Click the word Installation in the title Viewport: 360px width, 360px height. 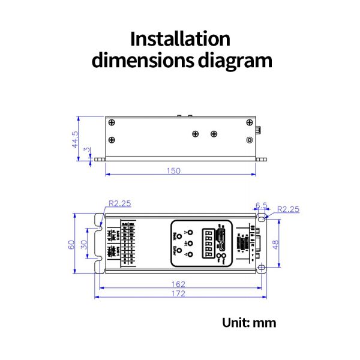(x=180, y=39)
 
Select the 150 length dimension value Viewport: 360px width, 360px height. (x=173, y=170)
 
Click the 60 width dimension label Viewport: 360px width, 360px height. (x=71, y=244)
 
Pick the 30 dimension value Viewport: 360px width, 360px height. (x=85, y=244)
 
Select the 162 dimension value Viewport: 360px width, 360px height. (x=177, y=283)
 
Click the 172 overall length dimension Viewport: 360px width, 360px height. (x=177, y=293)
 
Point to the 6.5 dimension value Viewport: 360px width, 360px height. (x=262, y=205)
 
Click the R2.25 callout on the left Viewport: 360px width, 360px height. (x=119, y=203)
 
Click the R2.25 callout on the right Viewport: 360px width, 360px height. (x=288, y=209)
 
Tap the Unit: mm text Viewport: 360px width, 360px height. (x=249, y=323)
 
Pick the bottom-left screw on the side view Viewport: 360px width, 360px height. (x=111, y=140)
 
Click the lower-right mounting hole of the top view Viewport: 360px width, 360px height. (x=262, y=268)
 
